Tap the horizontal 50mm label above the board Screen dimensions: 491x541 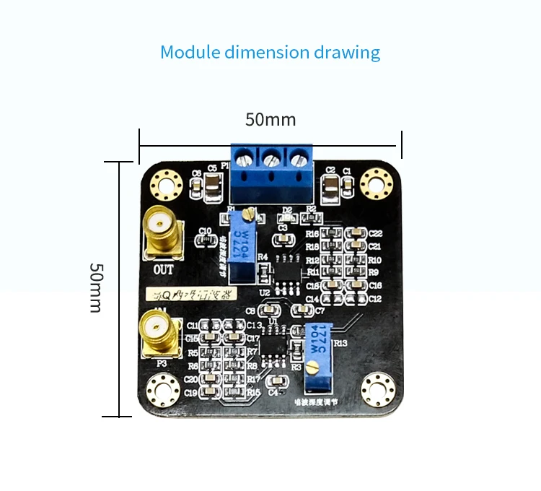coord(270,120)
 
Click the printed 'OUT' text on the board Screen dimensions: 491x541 coord(164,269)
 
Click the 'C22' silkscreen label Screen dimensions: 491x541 coord(375,233)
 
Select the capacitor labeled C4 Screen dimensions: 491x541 coord(274,382)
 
